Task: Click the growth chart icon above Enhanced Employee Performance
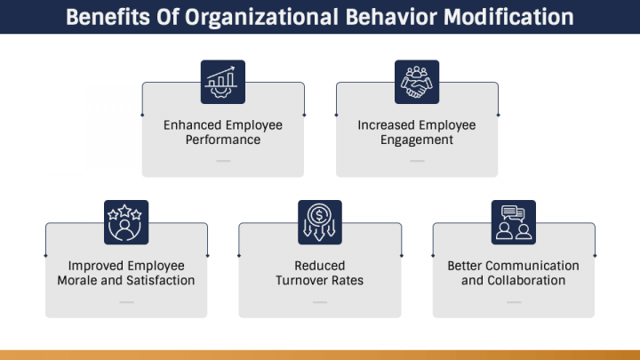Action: click(223, 81)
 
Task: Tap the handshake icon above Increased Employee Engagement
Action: click(417, 81)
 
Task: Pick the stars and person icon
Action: click(126, 221)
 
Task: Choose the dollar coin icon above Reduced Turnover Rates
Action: click(320, 221)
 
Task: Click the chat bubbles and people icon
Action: click(514, 221)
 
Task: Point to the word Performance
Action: click(223, 140)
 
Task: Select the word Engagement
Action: click(417, 140)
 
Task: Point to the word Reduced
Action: click(320, 265)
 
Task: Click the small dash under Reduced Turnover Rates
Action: click(320, 302)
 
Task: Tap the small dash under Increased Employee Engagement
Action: click(417, 161)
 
